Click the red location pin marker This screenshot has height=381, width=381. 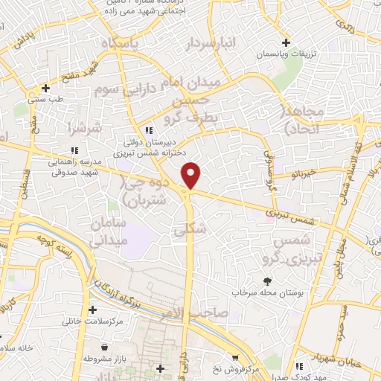(192, 175)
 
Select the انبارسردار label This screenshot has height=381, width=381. (216, 44)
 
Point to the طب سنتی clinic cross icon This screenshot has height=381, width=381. (45, 88)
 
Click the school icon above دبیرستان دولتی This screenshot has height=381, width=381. (149, 130)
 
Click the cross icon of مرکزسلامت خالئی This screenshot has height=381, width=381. (92, 310)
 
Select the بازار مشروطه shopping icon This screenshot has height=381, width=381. (104, 347)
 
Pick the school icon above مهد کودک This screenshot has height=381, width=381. (298, 366)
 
